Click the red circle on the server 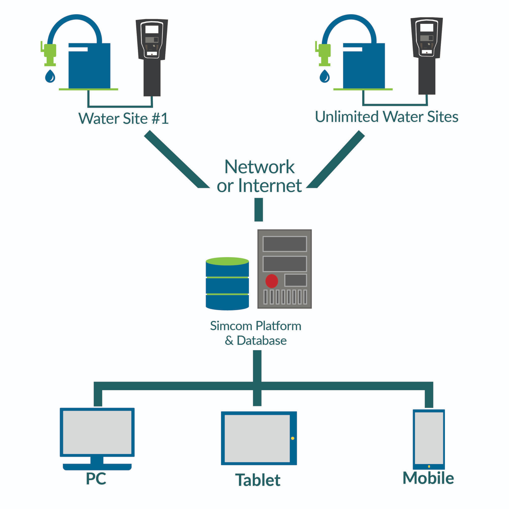click(272, 281)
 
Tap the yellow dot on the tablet click(293, 438)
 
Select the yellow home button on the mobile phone click(429, 467)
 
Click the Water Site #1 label click(123, 119)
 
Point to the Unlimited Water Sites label click(386, 117)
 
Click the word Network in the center click(259, 167)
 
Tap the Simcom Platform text click(255, 326)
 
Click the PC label click(96, 479)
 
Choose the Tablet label click(258, 480)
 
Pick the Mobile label click(428, 478)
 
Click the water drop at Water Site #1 click(50, 76)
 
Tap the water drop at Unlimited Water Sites click(325, 76)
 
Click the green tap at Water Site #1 click(50, 53)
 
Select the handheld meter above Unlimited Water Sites click(426, 53)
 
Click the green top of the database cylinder click(227, 261)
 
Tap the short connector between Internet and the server click(258, 210)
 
